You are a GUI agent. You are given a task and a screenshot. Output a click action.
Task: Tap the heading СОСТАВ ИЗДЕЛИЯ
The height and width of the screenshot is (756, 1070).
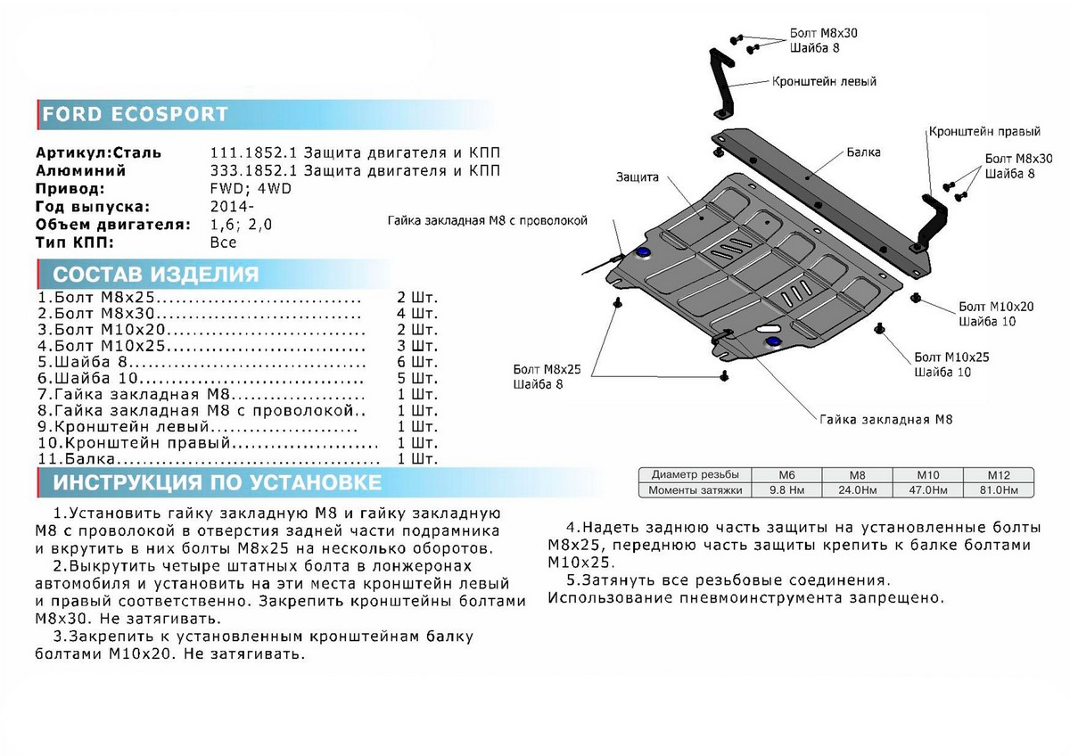[155, 274]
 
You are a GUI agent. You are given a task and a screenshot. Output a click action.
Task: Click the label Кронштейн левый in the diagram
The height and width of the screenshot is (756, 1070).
[824, 81]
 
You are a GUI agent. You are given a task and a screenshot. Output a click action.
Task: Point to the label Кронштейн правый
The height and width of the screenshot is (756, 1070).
[984, 131]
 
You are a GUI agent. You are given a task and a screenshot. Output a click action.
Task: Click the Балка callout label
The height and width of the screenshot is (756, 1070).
[864, 152]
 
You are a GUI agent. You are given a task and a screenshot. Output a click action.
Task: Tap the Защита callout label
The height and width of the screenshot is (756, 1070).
[637, 177]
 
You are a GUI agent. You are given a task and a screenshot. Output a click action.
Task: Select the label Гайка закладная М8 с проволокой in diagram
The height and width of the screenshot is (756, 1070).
[488, 221]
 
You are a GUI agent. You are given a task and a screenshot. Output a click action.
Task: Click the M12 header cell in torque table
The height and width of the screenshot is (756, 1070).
[997, 475]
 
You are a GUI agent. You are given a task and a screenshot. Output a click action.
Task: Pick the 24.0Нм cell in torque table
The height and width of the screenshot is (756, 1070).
[856, 490]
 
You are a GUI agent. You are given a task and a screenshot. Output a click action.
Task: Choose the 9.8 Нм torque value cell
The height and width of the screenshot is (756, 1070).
[786, 490]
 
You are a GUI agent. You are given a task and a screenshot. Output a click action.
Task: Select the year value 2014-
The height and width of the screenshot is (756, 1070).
[230, 206]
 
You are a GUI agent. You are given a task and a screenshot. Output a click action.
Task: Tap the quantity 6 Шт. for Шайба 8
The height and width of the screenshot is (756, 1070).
[416, 362]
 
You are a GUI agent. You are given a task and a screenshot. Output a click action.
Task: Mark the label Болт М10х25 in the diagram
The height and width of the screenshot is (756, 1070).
[951, 357]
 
